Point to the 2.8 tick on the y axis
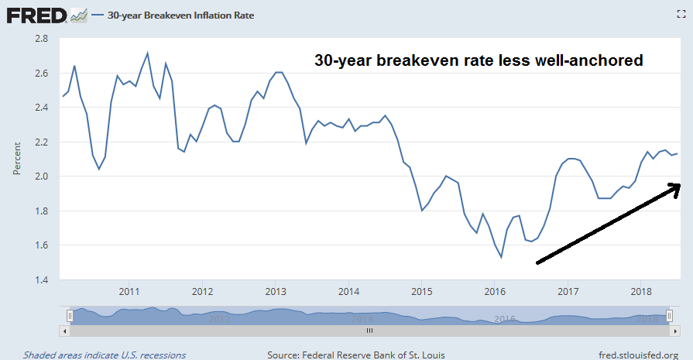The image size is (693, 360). point(41,39)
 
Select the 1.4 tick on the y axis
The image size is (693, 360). point(41,279)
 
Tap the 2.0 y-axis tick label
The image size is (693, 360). point(41,177)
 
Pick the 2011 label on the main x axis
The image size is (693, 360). point(129,292)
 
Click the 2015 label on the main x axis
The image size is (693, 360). point(421,292)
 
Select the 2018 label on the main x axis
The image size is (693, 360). point(640,292)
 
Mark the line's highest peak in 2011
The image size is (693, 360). point(147,53)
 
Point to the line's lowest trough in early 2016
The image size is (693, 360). point(502,256)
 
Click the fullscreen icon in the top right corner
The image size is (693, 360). point(679,15)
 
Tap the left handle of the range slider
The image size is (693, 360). point(70,316)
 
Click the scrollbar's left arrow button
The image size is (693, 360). point(66,331)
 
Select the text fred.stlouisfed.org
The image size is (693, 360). point(637,355)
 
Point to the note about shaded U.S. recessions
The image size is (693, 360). point(105,355)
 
